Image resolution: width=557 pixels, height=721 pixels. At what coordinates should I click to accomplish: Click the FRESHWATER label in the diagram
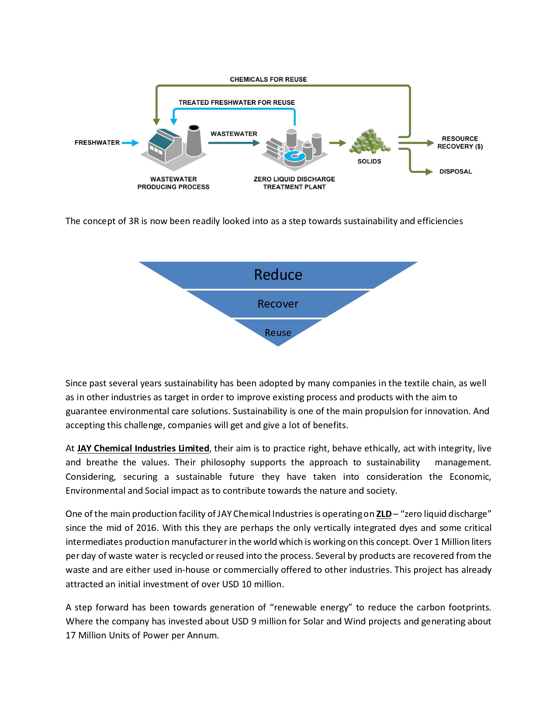tap(97, 143)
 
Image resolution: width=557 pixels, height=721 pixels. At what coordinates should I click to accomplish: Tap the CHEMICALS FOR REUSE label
tap(268, 80)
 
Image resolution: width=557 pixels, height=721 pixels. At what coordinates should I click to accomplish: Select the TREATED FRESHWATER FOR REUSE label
tap(237, 103)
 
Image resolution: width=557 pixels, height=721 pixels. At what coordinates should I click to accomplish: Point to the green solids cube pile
tap(370, 142)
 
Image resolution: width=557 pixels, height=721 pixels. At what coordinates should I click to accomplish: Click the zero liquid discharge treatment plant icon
tap(294, 148)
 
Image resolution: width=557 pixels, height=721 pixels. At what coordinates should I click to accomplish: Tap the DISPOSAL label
tap(456, 172)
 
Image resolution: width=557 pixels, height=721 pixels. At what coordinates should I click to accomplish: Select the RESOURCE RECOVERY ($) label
tap(460, 143)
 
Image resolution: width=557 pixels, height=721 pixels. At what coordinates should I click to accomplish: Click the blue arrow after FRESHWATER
tap(130, 143)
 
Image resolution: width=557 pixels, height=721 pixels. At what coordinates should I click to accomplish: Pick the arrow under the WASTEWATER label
tap(234, 143)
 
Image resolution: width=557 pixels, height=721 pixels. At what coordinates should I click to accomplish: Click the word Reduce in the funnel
tap(278, 275)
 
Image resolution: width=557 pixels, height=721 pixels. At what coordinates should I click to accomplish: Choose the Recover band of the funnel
tap(278, 304)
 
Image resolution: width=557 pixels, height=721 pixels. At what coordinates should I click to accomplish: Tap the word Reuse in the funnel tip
tap(278, 333)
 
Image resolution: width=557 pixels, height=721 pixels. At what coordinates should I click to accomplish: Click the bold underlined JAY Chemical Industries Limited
tap(143, 449)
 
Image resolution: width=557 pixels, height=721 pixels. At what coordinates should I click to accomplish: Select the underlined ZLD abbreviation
tap(384, 514)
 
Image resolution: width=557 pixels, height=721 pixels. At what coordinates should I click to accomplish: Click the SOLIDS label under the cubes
tap(369, 162)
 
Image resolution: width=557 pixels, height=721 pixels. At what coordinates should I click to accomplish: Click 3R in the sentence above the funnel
tap(134, 221)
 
